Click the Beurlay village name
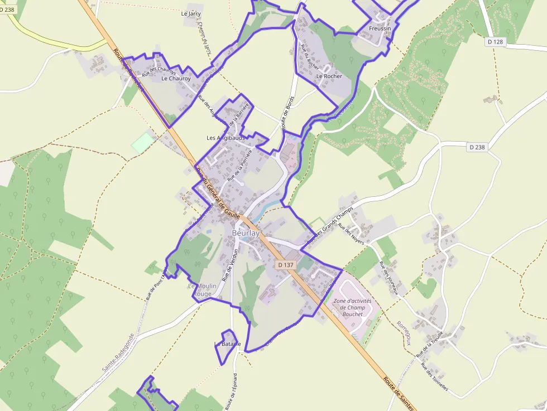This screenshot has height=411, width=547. pyautogui.click(x=246, y=233)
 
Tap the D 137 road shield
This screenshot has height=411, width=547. pyautogui.click(x=285, y=265)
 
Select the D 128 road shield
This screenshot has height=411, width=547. pyautogui.click(x=495, y=42)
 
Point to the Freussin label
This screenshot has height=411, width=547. pyautogui.click(x=380, y=28)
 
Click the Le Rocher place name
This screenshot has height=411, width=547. pyautogui.click(x=329, y=76)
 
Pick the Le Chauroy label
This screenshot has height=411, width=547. pyautogui.click(x=176, y=79)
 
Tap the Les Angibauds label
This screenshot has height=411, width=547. pyautogui.click(x=225, y=138)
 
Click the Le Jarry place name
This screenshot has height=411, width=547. pyautogui.click(x=191, y=13)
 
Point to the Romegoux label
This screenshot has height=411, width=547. pyautogui.click(x=404, y=333)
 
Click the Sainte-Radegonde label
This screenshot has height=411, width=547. pyautogui.click(x=118, y=352)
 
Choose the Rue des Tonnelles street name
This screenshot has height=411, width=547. pyautogui.click(x=435, y=378)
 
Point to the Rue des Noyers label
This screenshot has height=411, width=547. pyautogui.click(x=351, y=234)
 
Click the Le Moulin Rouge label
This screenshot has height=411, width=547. pyautogui.click(x=202, y=290)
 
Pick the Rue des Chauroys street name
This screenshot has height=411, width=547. pyautogui.click(x=159, y=71)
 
